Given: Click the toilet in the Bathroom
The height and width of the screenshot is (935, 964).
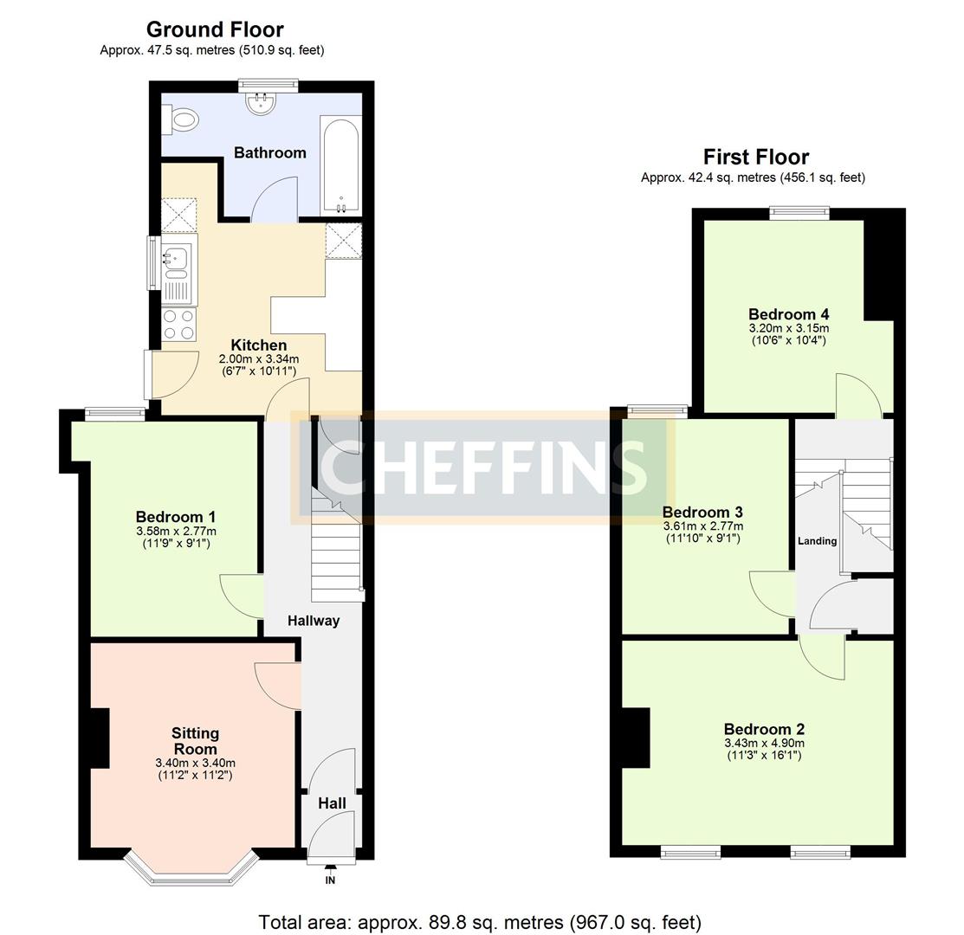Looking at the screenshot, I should (183, 119).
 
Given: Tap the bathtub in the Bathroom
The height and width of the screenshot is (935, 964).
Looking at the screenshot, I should (340, 164).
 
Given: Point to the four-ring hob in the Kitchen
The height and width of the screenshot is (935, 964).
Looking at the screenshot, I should (179, 324).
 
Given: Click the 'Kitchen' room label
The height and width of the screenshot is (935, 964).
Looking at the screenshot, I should (258, 345).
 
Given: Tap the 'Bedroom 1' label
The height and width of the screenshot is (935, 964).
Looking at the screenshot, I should (176, 517).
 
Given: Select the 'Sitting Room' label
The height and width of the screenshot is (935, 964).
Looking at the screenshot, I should (195, 741).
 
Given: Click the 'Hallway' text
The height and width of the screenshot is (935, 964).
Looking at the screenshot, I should (314, 620).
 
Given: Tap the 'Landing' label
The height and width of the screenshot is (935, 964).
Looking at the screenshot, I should (817, 541).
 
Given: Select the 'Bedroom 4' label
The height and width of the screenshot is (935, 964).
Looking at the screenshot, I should (788, 314).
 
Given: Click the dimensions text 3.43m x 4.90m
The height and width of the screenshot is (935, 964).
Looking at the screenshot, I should (764, 743).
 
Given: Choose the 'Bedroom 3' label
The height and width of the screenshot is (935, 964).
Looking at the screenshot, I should (702, 513).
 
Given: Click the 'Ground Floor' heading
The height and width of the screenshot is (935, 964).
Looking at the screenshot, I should (214, 29).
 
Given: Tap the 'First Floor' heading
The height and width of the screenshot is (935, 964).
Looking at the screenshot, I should (755, 157).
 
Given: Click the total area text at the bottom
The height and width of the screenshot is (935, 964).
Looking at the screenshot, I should (480, 922).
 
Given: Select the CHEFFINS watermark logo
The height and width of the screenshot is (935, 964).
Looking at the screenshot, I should (483, 467).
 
